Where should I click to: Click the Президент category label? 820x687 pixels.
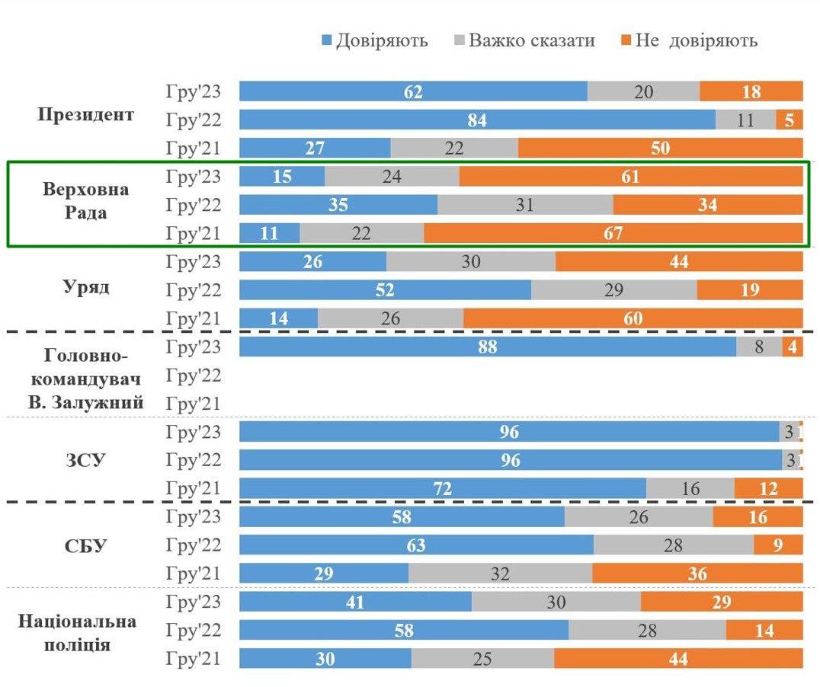85,115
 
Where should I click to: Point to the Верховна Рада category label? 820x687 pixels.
85,201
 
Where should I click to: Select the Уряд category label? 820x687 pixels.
85,288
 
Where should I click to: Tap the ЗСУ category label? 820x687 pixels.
85,460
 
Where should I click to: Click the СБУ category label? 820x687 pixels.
85,546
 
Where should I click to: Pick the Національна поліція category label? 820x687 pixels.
78,632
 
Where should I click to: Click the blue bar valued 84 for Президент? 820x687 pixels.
477,120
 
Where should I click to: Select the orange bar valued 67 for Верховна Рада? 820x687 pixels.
613,233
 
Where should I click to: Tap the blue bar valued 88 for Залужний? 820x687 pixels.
488,347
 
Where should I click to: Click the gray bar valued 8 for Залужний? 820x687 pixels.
758,347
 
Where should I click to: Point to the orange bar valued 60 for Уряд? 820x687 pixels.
633,318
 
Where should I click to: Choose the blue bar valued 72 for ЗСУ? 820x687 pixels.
443,488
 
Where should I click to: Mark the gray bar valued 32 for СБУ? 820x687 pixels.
500,574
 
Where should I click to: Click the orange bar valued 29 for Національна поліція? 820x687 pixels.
721,602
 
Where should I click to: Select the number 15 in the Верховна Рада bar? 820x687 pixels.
282,177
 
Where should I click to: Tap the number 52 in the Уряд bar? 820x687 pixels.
385,290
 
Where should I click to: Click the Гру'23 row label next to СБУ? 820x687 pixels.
194,516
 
